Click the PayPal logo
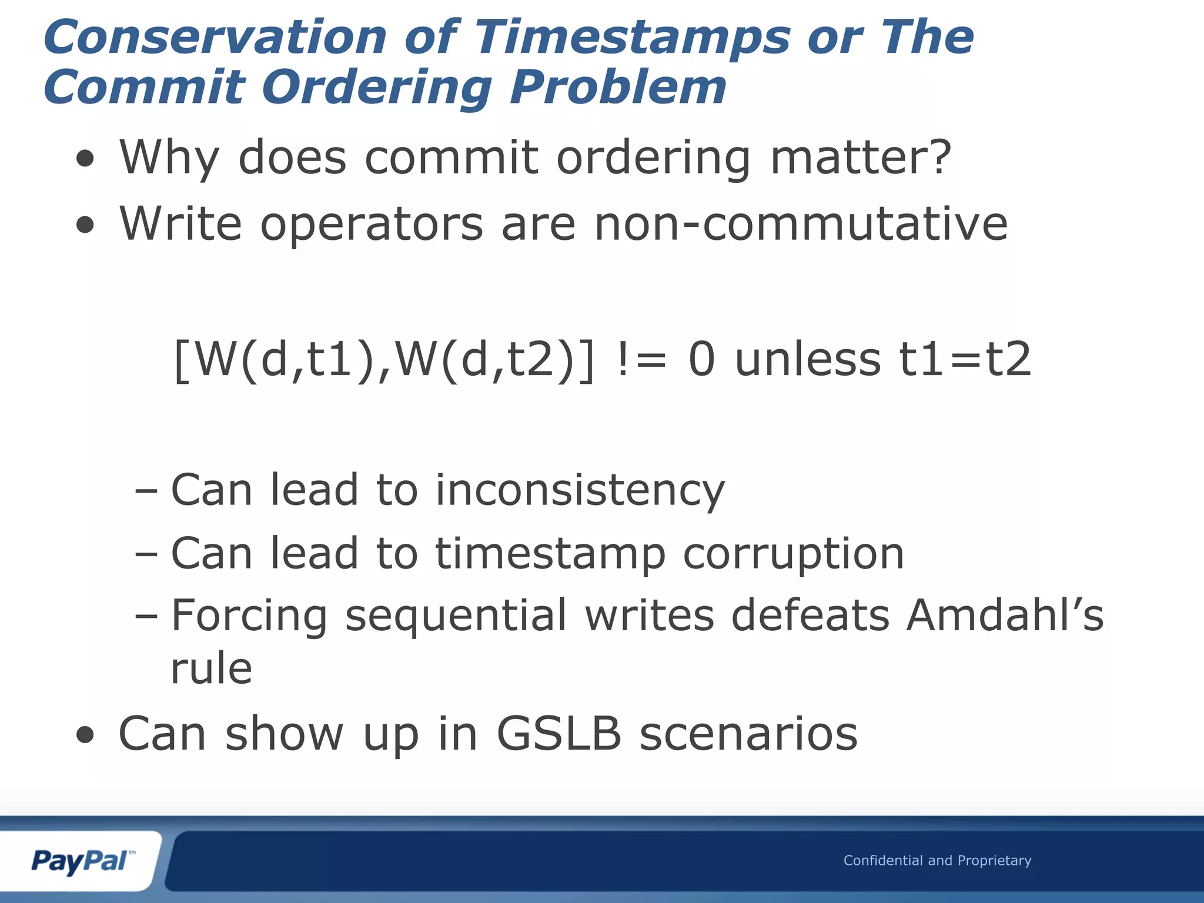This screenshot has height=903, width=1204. [x=81, y=861]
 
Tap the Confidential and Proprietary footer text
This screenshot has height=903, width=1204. [x=937, y=861]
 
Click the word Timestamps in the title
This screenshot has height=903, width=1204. [x=631, y=38]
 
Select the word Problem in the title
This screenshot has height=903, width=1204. [x=618, y=88]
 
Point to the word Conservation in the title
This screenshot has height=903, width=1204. [x=215, y=38]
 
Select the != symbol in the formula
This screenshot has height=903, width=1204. [x=642, y=359]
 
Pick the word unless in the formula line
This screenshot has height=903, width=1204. [x=808, y=359]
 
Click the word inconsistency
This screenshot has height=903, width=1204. [x=580, y=490]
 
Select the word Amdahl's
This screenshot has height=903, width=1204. [x=1004, y=616]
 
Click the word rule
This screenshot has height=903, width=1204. [x=212, y=668]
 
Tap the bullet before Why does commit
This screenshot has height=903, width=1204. [x=85, y=158]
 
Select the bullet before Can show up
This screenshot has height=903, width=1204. [x=85, y=735]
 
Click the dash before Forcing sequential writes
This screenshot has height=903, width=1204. [x=146, y=616]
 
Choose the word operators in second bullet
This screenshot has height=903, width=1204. [x=372, y=225]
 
